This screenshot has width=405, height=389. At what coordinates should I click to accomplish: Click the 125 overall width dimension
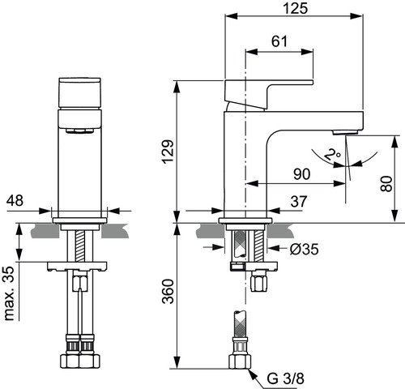tap(296, 8)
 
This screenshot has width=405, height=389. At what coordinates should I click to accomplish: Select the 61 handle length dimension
tap(279, 41)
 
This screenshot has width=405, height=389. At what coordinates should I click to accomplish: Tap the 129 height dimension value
tap(168, 152)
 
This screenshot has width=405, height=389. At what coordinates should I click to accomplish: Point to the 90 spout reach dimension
tap(302, 174)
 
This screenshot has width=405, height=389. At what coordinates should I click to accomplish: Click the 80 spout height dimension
tap(386, 184)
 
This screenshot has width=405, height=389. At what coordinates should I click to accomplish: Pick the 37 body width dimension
tap(299, 202)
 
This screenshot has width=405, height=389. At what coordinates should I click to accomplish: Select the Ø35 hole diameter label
tap(305, 249)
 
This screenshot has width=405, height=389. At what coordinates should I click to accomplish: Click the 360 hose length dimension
tap(168, 292)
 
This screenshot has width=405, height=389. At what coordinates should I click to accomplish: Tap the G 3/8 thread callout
tap(286, 378)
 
